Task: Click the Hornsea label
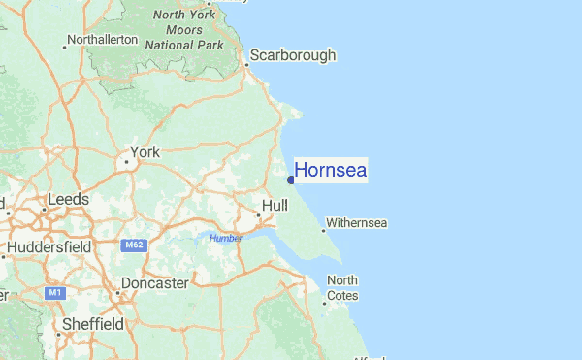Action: (x=330, y=171)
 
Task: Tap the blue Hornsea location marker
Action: (x=291, y=179)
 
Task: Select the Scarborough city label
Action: (x=293, y=55)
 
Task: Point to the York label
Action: (x=145, y=152)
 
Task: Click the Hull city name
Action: (x=275, y=206)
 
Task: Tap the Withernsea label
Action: (x=357, y=223)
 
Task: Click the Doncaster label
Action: (x=154, y=284)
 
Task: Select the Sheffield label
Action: (x=92, y=324)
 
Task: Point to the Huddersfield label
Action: (x=48, y=247)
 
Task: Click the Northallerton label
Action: (x=104, y=39)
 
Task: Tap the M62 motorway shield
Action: (x=134, y=246)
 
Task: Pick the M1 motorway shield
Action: (x=54, y=292)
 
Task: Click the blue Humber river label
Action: (x=225, y=239)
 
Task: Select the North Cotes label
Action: (x=342, y=288)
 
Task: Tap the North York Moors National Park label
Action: (x=183, y=30)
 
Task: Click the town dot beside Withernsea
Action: (x=323, y=230)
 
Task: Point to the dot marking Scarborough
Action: (x=246, y=66)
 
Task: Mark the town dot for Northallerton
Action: (x=65, y=45)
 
